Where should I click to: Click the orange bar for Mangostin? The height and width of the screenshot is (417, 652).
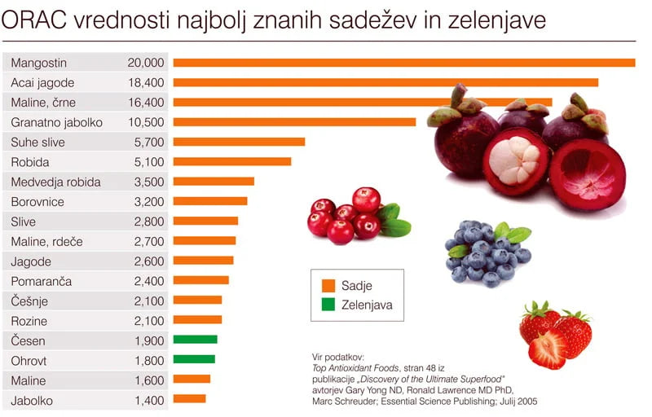pos(403,63)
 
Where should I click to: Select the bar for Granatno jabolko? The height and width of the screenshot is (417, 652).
pos(294,122)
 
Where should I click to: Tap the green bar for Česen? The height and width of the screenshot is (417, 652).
pos(195,340)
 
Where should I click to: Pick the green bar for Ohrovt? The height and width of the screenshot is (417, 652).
pos(194,359)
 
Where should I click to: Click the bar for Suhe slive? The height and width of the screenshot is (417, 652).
pos(239,142)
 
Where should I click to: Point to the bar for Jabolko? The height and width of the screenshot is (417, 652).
pos(189,399)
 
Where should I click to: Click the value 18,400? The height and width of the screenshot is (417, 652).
pos(146,82)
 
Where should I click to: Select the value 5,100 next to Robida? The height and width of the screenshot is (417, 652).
pos(149,162)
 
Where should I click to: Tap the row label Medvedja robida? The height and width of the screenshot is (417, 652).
pos(56,182)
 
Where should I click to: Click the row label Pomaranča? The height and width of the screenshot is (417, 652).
pos(42,281)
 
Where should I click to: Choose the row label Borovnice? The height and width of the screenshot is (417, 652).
pos(37,201)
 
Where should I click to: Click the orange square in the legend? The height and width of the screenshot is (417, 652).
pos(328,286)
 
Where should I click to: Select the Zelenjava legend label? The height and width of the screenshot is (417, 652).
pos(368,306)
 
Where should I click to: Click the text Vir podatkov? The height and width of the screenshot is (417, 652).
pos(338,357)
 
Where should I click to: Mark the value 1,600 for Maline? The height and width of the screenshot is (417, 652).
pos(149,380)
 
